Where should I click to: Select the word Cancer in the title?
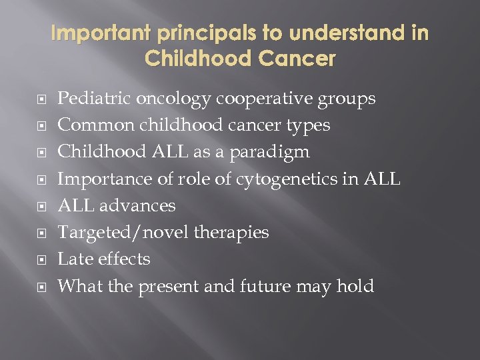coord(297,59)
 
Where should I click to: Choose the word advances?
coord(138,205)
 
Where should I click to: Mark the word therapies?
coord(230,232)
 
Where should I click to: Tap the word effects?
coord(125,259)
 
